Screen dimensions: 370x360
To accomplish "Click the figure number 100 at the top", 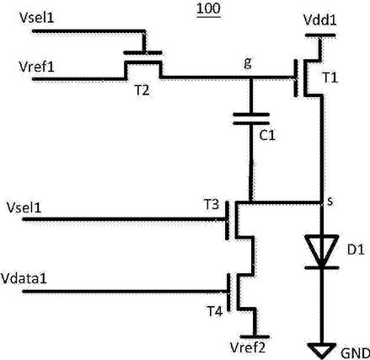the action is (x=208, y=8).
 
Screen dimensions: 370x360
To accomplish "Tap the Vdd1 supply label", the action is (x=320, y=20).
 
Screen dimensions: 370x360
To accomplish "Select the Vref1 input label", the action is (x=36, y=67).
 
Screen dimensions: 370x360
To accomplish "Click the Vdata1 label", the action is (x=24, y=278).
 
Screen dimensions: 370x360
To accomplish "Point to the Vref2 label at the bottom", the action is (x=248, y=347).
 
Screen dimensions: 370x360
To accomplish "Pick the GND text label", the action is (x=355, y=353).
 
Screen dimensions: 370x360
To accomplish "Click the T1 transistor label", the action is (x=330, y=78).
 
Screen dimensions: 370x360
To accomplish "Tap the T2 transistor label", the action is (x=142, y=90).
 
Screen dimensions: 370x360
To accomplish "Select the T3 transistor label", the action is (x=211, y=205).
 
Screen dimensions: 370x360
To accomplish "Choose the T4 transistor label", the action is (x=215, y=311).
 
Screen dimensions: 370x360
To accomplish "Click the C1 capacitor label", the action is (x=267, y=136).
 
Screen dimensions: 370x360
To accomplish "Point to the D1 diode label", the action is (x=356, y=250).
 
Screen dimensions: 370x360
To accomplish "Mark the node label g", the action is (x=248, y=64).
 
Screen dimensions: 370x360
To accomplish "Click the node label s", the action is (x=330, y=201).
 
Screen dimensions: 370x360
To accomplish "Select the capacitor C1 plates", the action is (x=251, y=119).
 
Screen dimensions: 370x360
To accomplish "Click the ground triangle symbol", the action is (x=322, y=350).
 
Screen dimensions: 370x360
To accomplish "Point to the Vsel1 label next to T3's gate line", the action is (x=24, y=207).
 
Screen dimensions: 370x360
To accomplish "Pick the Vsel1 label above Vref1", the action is (x=37, y=18).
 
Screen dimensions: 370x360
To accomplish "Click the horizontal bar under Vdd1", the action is (x=320, y=35).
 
